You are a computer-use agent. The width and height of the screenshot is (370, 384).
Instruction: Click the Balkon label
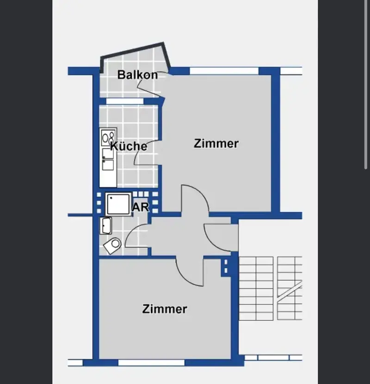(x=137, y=74)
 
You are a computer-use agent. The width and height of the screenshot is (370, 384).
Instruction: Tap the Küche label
(x=129, y=146)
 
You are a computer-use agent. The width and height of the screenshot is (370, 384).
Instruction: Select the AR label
(x=140, y=207)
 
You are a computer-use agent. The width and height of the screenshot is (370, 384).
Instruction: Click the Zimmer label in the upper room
(x=216, y=143)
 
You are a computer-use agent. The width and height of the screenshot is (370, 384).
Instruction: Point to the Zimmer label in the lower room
(x=165, y=309)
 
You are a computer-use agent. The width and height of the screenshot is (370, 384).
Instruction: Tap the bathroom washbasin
(x=106, y=226)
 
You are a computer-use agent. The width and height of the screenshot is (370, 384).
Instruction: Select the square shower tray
(x=118, y=204)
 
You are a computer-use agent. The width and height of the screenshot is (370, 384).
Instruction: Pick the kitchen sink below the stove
(x=108, y=159)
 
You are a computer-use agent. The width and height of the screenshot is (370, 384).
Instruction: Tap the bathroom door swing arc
(x=131, y=230)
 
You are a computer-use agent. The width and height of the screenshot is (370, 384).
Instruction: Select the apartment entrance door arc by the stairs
(x=210, y=242)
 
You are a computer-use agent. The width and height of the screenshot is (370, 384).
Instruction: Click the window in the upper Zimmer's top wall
(x=224, y=71)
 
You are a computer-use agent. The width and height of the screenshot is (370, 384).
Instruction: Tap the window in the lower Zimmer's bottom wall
(x=151, y=363)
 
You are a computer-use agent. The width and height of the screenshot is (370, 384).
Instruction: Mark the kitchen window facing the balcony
(x=125, y=101)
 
